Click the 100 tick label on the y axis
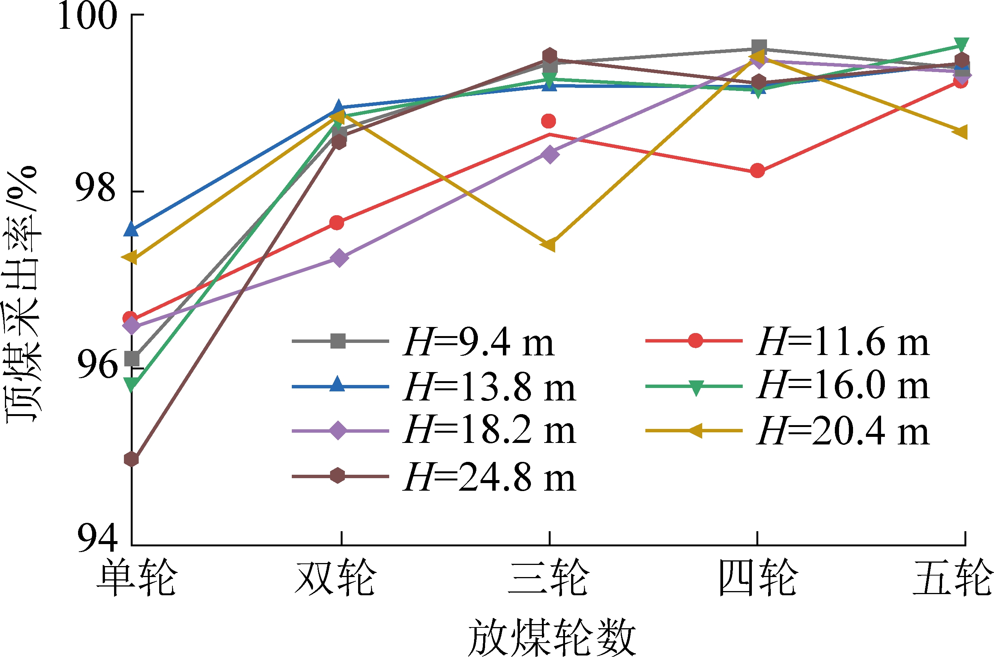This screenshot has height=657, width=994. pos(88,16)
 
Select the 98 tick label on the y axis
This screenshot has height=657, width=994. pos(95,188)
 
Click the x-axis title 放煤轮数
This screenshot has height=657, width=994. pos(552,637)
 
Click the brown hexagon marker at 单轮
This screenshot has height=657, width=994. pos(131,459)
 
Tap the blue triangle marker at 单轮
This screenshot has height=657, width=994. pos(131,230)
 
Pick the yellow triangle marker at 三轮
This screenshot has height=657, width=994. pos(549,244)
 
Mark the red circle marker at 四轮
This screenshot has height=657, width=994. pos(757,171)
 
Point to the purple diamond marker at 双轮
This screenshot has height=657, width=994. pos(340,258)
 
